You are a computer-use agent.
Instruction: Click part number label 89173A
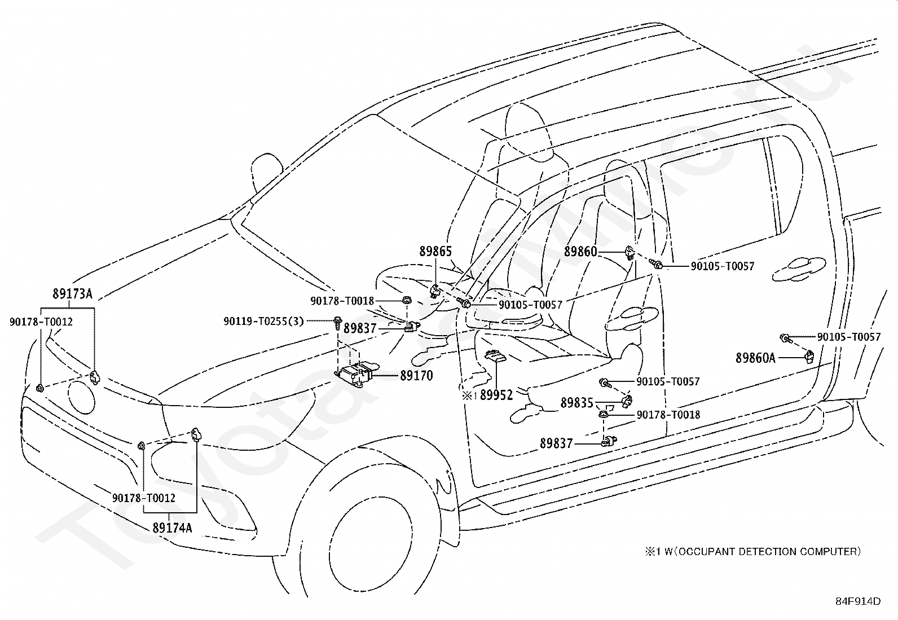coord(72,294)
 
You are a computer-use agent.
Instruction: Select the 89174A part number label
coord(172,528)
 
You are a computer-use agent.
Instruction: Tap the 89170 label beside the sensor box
coord(416,376)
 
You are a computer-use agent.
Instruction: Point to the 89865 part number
coord(435,252)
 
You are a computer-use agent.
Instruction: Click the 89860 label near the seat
coord(580,252)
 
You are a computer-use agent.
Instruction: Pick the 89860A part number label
coord(755,358)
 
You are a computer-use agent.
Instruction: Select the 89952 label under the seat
coord(496,395)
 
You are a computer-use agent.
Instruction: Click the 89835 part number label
coord(576,403)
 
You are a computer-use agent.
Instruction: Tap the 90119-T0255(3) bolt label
coord(263,321)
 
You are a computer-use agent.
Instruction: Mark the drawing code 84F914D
coord(858,601)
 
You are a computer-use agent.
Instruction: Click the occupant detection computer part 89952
coord(495,357)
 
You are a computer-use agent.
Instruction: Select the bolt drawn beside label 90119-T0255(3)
coord(337,323)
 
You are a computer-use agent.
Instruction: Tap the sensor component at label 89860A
coord(810,357)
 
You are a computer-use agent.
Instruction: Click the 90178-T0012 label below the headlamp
coord(144,498)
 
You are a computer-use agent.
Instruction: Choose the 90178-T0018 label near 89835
coord(668,415)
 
